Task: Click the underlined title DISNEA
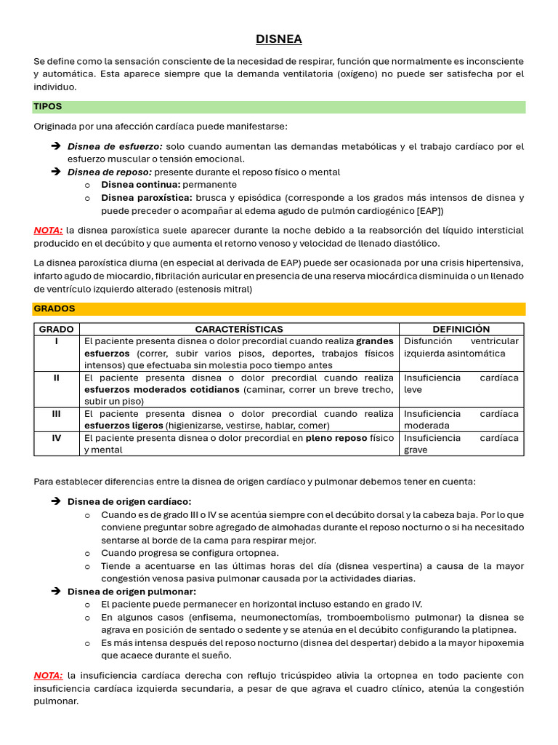279,39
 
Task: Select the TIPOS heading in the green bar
48,107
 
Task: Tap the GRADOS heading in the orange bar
54,308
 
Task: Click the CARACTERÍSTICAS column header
239,330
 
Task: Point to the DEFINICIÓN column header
461,330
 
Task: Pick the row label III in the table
57,414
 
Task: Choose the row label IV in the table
57,438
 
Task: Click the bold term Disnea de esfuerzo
115,146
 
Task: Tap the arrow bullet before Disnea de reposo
56,172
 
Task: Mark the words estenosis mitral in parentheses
215,289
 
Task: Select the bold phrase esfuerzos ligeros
124,426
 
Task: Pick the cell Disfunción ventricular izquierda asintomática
461,347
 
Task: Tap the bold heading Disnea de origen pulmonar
132,591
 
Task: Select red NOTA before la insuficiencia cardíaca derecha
48,675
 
